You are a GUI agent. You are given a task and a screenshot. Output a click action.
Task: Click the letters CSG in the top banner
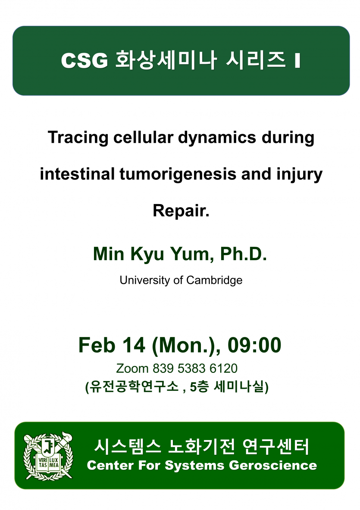coord(85,60)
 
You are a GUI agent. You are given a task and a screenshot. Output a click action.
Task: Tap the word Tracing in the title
coord(78,138)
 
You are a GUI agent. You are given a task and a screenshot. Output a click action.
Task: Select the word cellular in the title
coord(143,137)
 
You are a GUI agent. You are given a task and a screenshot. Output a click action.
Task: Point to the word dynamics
coord(217,138)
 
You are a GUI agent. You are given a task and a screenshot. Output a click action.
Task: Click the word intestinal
coord(77,174)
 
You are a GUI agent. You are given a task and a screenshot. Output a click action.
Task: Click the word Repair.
coord(181,211)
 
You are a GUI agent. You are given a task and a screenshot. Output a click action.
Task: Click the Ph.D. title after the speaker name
coord(243,254)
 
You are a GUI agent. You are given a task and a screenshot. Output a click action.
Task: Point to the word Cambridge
coord(214,280)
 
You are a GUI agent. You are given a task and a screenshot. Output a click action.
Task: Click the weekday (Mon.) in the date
coord(186,346)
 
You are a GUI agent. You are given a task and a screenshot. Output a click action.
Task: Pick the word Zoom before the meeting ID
coord(132,368)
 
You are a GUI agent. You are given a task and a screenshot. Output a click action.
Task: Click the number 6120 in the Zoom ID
coord(223,368)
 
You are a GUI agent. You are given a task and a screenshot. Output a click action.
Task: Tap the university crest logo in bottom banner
coord(48,456)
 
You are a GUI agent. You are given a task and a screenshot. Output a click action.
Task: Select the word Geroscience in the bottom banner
coord(273,466)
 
